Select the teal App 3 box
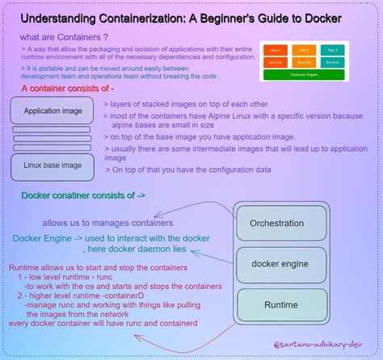tap(331, 48)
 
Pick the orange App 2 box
tap(302, 48)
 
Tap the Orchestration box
tap(277, 223)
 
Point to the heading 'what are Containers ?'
tap(65, 37)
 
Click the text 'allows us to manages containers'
tap(108, 222)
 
